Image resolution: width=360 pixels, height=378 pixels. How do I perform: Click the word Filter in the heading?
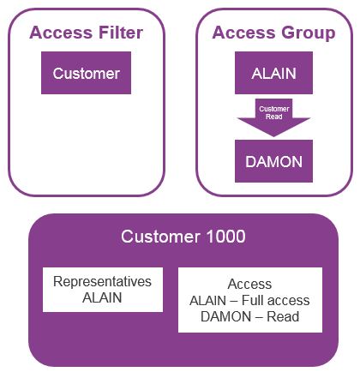(x=121, y=33)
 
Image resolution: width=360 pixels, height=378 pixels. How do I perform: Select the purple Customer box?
(x=86, y=73)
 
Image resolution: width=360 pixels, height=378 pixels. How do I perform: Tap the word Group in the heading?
(x=309, y=33)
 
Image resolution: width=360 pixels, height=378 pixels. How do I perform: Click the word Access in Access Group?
(x=245, y=33)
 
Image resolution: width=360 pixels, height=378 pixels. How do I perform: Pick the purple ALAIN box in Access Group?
(x=273, y=73)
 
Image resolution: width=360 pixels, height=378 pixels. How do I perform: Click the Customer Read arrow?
(x=273, y=117)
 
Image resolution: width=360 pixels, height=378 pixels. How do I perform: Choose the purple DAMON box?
(x=273, y=161)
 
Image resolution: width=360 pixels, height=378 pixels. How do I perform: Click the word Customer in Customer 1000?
(x=160, y=237)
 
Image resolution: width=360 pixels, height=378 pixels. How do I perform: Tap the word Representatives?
(x=102, y=282)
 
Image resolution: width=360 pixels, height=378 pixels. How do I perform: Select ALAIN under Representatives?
(x=102, y=297)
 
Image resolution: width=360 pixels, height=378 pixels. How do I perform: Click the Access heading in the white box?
(x=249, y=284)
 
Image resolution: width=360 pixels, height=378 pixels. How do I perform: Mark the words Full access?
(x=276, y=300)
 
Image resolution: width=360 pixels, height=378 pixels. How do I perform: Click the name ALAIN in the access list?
(x=207, y=300)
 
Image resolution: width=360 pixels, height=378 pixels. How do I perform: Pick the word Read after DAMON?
(x=283, y=316)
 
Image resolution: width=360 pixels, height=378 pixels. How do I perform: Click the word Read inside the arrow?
(x=274, y=117)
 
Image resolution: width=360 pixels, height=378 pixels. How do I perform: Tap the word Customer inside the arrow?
(x=274, y=109)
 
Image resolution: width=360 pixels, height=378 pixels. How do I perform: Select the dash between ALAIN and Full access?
(x=234, y=301)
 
